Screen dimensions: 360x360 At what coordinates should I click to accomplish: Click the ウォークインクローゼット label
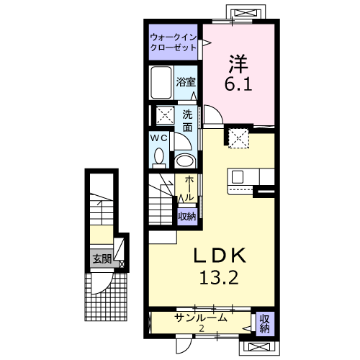pos(173,42)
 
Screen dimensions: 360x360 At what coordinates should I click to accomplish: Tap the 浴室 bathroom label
pos(186,82)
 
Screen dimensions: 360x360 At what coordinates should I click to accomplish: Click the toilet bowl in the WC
pos(161,155)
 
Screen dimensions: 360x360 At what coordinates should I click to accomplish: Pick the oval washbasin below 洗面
pos(185,160)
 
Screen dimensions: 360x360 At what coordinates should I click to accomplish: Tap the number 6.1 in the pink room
pos(239,84)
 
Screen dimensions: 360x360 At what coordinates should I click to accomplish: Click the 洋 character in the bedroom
pos(238,63)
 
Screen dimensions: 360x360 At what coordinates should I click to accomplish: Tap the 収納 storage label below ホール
pos(187,216)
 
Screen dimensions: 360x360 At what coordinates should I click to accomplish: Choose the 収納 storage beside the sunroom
pos(264,323)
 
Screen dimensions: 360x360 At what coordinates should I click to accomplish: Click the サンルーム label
pos(202,318)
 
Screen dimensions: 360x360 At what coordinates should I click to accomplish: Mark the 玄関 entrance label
pos(101,259)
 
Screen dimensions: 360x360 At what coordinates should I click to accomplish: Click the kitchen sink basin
pos(239,176)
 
